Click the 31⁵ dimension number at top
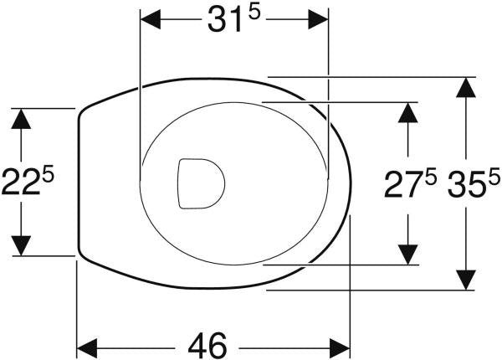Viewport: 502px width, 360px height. click(233, 19)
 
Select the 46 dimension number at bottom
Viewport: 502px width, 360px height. click(207, 346)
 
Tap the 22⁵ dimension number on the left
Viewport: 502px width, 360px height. click(28, 182)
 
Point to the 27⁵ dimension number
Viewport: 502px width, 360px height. click(411, 184)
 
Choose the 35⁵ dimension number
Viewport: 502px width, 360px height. click(474, 184)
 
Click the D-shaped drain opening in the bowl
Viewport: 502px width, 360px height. click(201, 183)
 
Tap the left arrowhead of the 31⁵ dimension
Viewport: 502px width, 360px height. click(151, 19)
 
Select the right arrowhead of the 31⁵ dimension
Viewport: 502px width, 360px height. click(318, 19)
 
